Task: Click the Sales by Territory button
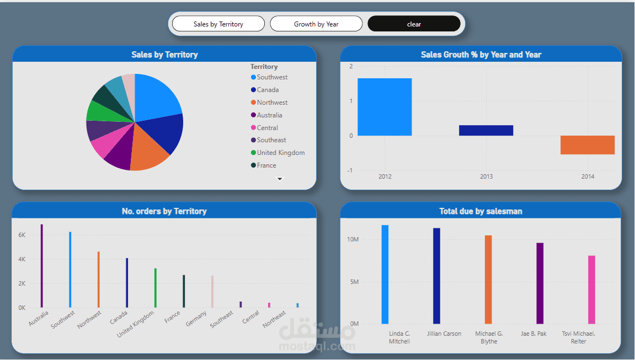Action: (218, 24)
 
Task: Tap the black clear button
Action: (414, 24)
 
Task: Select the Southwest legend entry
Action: (271, 77)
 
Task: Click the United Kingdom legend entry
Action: (280, 153)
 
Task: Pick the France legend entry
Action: (266, 165)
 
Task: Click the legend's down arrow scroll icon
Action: (280, 179)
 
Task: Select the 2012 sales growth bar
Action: (385, 107)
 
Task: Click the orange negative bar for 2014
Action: (588, 145)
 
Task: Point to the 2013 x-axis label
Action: (486, 176)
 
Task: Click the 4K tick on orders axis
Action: (22, 259)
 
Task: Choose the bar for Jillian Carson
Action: (436, 276)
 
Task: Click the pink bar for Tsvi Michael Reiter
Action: (591, 289)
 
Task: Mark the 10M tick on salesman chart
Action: (353, 240)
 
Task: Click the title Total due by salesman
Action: (481, 211)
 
